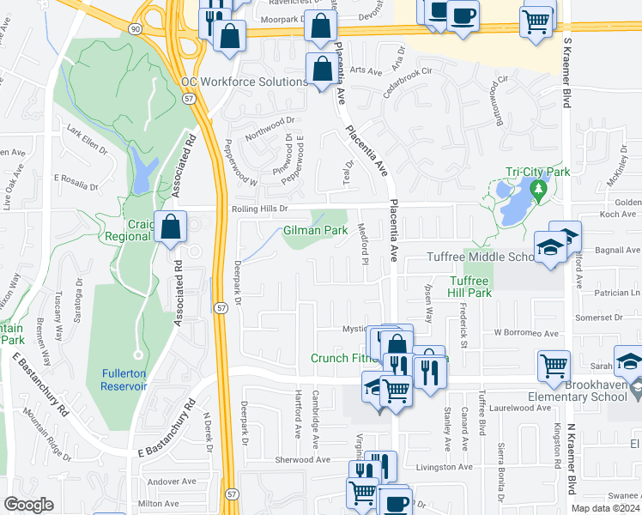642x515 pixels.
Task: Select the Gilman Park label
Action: click(x=315, y=231)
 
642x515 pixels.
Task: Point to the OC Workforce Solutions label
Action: click(x=244, y=82)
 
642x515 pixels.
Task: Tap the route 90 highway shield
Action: click(x=136, y=29)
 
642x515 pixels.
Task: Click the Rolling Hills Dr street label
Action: click(x=258, y=209)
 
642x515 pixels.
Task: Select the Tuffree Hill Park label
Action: click(x=469, y=287)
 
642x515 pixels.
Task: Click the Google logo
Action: click(x=28, y=505)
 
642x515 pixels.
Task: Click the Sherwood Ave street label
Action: click(x=303, y=460)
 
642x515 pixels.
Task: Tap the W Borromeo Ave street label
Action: click(x=526, y=333)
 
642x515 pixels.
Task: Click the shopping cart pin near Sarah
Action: click(x=554, y=366)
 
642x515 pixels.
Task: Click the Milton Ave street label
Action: click(x=159, y=504)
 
